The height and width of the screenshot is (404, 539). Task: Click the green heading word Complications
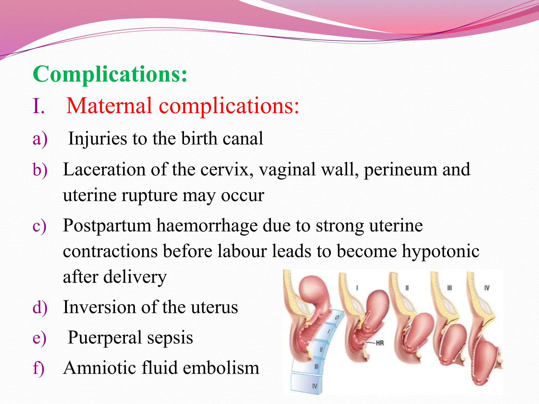(110, 74)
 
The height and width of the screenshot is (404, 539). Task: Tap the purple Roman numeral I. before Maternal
(38, 106)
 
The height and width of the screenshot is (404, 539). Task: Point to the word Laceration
(104, 169)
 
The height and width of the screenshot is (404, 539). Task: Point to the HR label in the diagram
(380, 343)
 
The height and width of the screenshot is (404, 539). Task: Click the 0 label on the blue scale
(336, 318)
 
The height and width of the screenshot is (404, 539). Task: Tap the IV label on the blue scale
(315, 386)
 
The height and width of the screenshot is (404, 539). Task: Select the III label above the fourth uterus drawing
(449, 288)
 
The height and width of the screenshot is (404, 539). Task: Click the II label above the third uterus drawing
(407, 288)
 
